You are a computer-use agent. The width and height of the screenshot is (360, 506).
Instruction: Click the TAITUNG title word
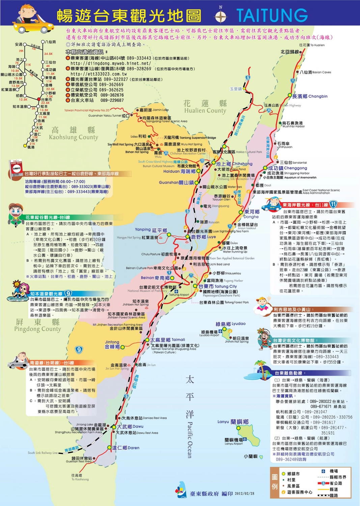pos(272,15)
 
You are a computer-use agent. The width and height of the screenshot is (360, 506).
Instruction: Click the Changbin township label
pos(309,96)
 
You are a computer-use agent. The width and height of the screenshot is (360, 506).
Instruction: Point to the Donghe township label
pos(252,214)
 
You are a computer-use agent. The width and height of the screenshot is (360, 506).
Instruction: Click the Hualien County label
pos(205,107)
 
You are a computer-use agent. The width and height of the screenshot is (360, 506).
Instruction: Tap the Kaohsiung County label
pos(73,134)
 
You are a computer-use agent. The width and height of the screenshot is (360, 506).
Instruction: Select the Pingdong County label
pos(37,325)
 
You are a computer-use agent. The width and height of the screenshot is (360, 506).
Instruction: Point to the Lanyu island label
pos(233,422)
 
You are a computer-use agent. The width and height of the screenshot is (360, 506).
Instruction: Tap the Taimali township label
pos(168,340)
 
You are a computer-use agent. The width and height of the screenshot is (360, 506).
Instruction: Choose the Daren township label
pos(126,448)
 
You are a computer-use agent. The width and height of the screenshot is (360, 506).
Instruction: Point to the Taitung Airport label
pos(179,294)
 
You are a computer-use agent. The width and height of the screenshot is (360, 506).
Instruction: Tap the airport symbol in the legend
pos(323,471)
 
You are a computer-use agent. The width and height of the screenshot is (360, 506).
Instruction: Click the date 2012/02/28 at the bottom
pos(244,494)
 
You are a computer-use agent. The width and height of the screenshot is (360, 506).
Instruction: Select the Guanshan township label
pos(176,182)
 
